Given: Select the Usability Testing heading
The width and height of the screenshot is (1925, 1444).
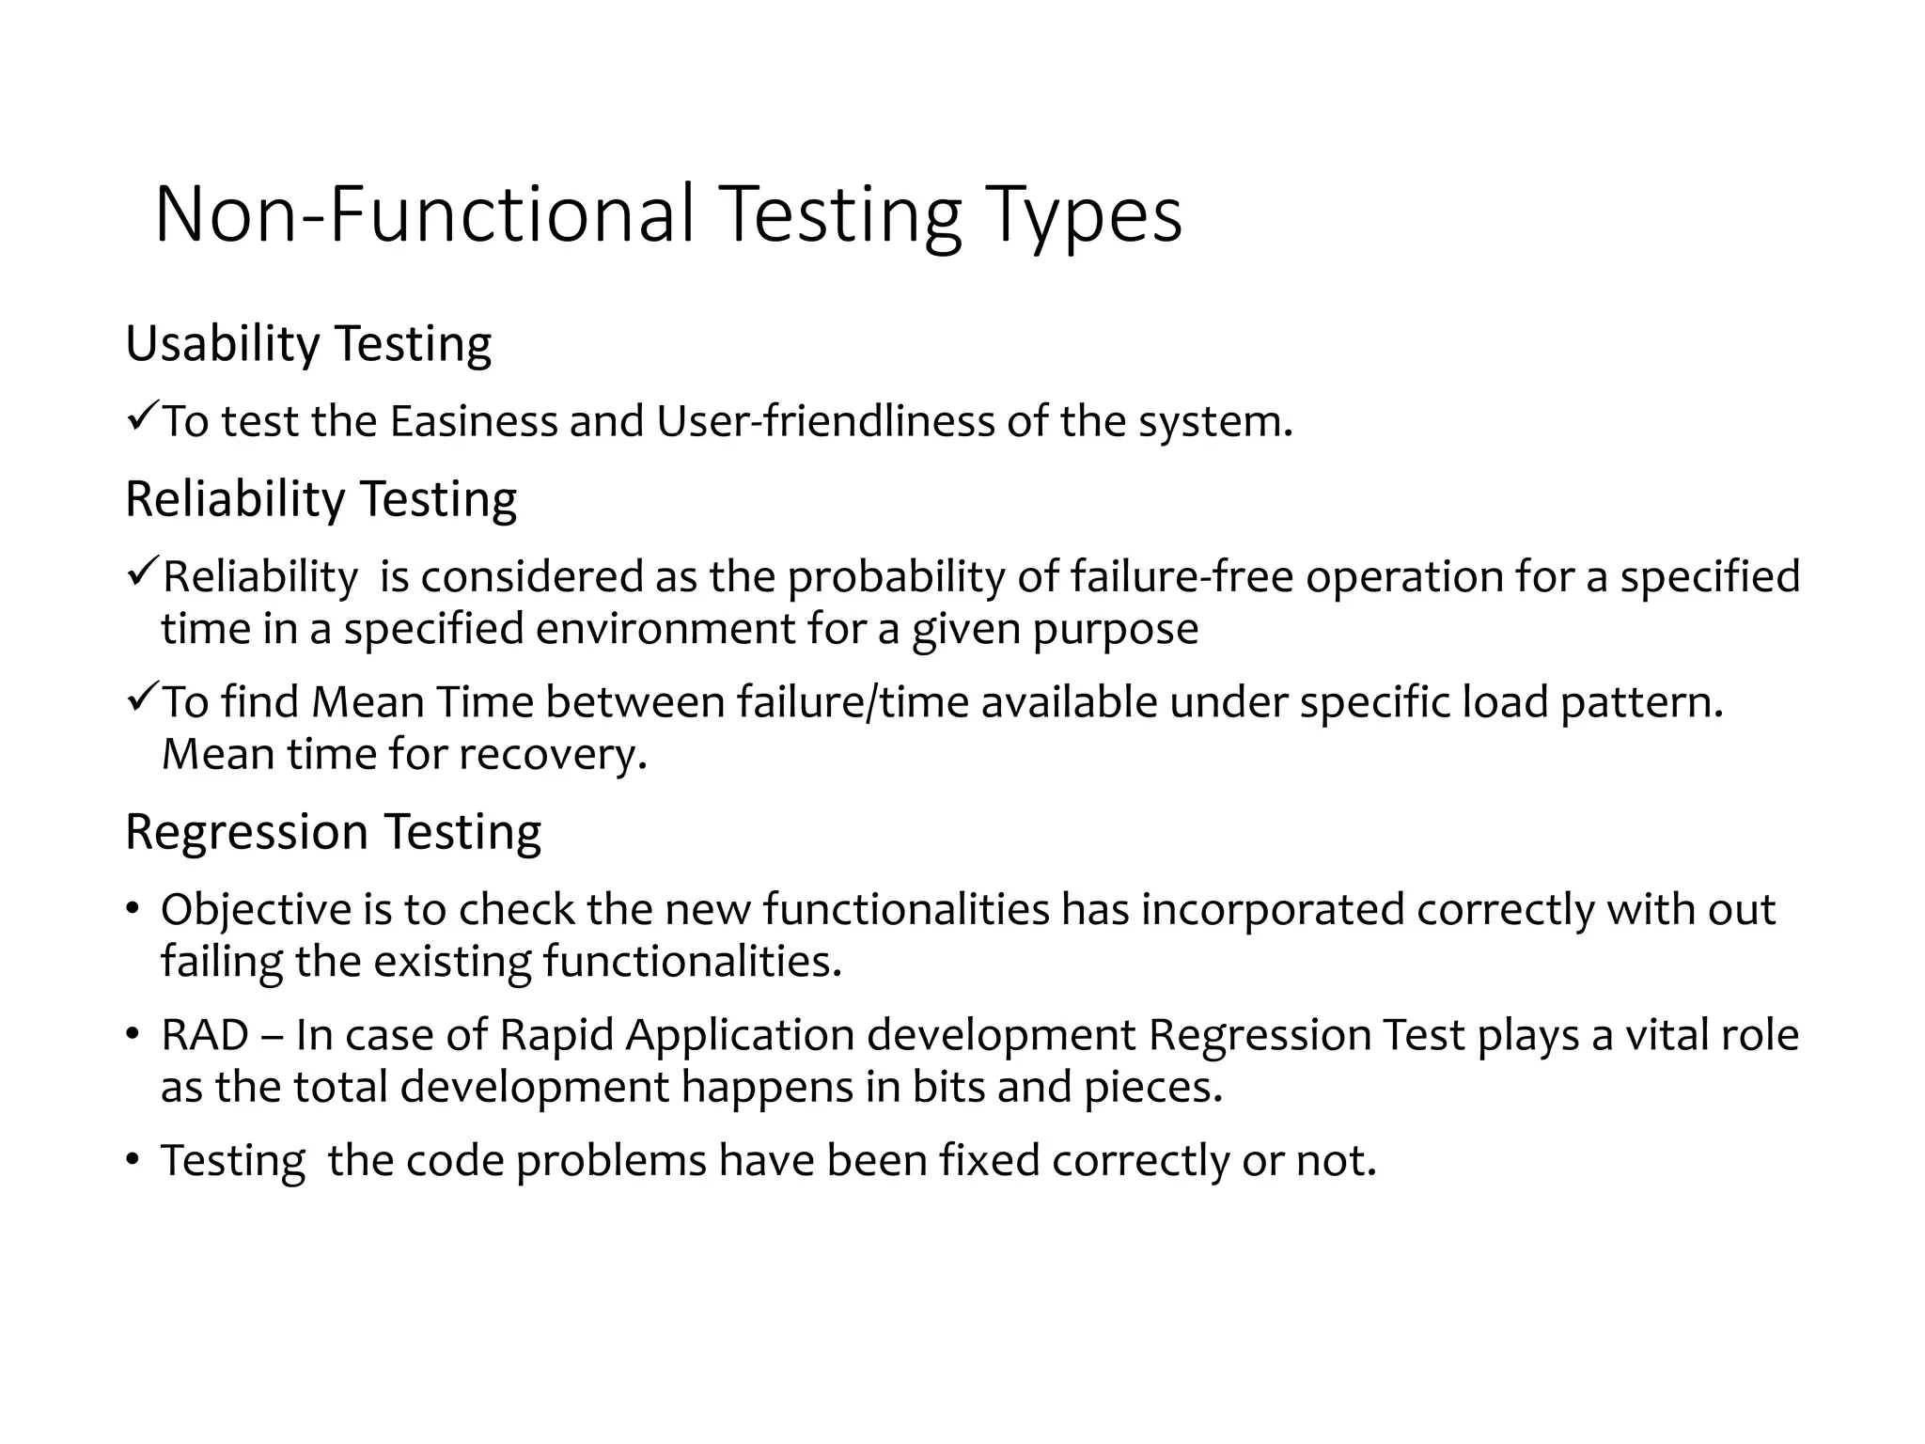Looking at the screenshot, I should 307,343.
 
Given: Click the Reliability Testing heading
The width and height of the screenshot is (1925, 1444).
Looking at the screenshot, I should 321,498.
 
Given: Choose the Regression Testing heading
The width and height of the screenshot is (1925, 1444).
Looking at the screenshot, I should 333,831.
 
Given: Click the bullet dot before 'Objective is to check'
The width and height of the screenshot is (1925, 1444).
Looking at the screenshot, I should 133,909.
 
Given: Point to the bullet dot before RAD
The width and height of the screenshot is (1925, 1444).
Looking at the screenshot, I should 133,1035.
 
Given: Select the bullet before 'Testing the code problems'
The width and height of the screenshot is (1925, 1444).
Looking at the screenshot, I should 133,1160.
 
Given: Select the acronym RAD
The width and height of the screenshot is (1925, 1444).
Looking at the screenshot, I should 205,1035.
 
